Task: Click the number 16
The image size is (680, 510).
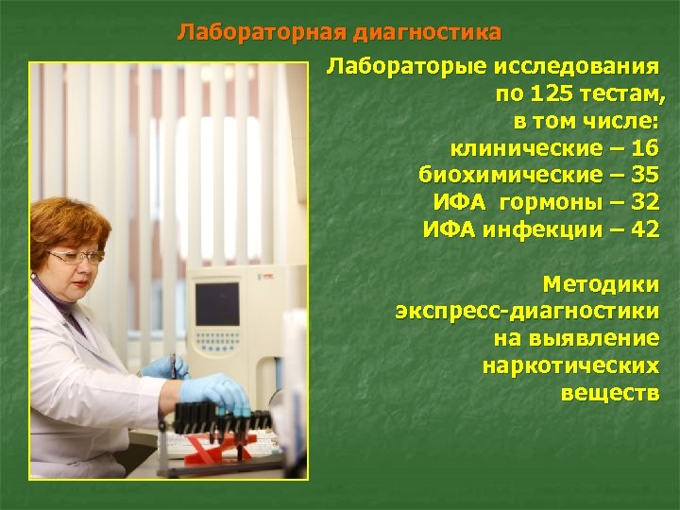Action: coord(643,148)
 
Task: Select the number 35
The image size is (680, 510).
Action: coord(643,175)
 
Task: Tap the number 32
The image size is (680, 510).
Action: coord(643,201)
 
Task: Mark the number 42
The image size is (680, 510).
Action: coord(643,229)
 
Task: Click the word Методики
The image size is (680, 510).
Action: coord(601,283)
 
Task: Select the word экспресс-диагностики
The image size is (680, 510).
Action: coord(528,310)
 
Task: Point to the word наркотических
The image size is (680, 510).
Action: coord(570,365)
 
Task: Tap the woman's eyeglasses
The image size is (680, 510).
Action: coord(75,256)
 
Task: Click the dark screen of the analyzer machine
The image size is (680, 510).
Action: coord(216,303)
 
